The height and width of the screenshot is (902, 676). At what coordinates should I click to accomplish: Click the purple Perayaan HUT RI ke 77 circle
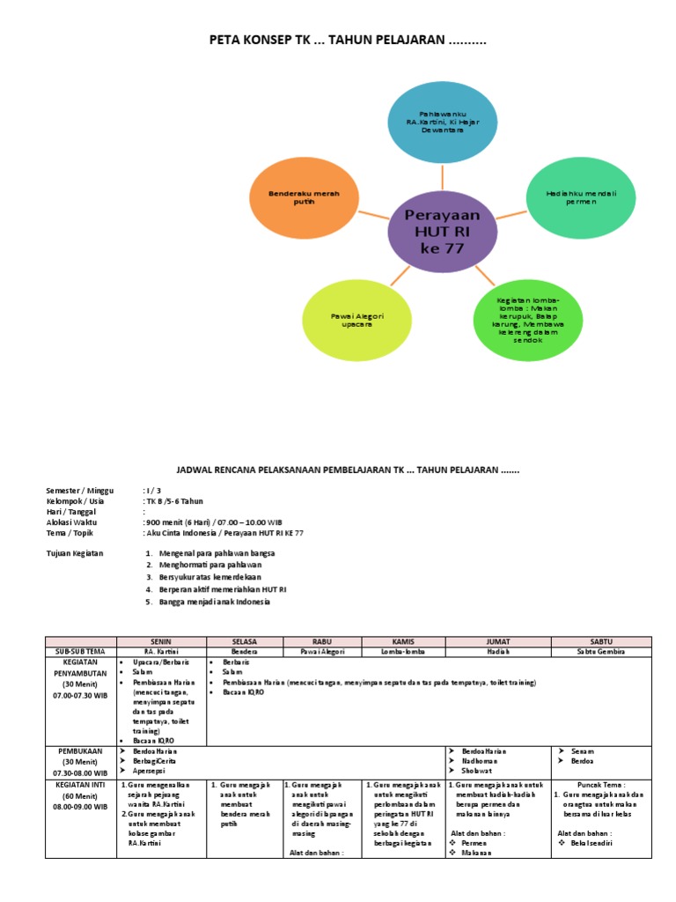tap(442, 231)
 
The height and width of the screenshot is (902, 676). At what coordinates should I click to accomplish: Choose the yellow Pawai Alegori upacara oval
tap(357, 319)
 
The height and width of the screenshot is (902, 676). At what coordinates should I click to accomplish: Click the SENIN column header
tap(161, 641)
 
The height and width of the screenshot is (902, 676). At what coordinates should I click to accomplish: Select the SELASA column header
tap(244, 641)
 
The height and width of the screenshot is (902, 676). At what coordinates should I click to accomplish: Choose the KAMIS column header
tap(404, 641)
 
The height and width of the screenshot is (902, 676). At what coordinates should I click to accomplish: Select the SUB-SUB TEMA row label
tap(79, 651)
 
